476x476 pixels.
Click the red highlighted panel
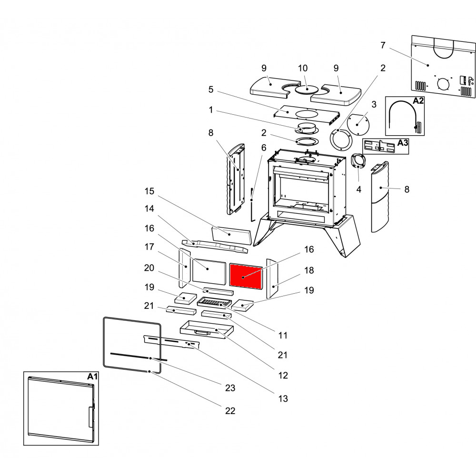pos(246,276)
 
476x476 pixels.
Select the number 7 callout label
pos(383,45)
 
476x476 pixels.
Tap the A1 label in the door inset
pos(92,377)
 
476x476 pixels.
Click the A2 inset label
pos(418,101)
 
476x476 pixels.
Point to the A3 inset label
pos(402,142)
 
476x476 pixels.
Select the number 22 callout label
pos(230,411)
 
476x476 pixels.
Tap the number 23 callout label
pos(230,388)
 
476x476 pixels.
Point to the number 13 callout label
pos(283,399)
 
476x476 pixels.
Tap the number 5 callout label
pos(210,89)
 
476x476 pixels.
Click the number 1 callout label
pos(210,110)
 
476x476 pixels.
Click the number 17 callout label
pos(149,247)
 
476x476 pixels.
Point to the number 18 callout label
pos(309,270)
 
